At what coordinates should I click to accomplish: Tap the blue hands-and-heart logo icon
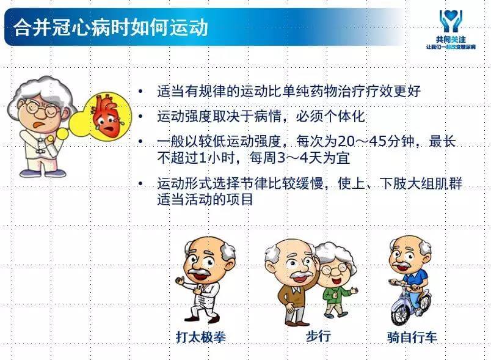tap(451, 21)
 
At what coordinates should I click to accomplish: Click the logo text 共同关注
tap(451, 40)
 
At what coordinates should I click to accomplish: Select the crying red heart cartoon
tap(107, 116)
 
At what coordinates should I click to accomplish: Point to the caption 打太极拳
tap(201, 337)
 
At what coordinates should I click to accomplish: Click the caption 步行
tap(318, 336)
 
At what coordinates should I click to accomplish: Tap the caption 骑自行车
tap(412, 337)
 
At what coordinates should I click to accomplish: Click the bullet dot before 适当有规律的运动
tap(140, 92)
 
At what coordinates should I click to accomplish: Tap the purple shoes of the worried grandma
tap(43, 172)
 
